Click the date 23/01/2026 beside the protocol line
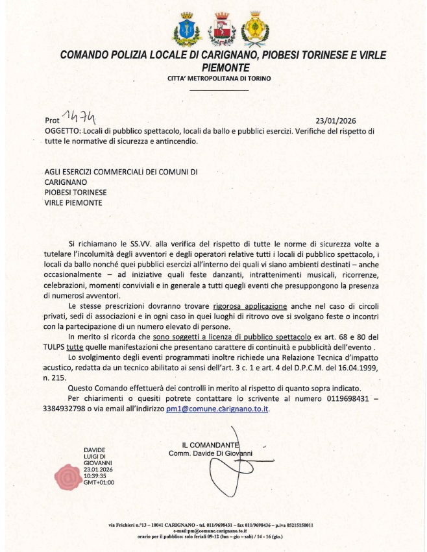tap(335, 121)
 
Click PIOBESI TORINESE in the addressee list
tap(76, 192)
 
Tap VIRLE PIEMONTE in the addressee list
tap(73, 202)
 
